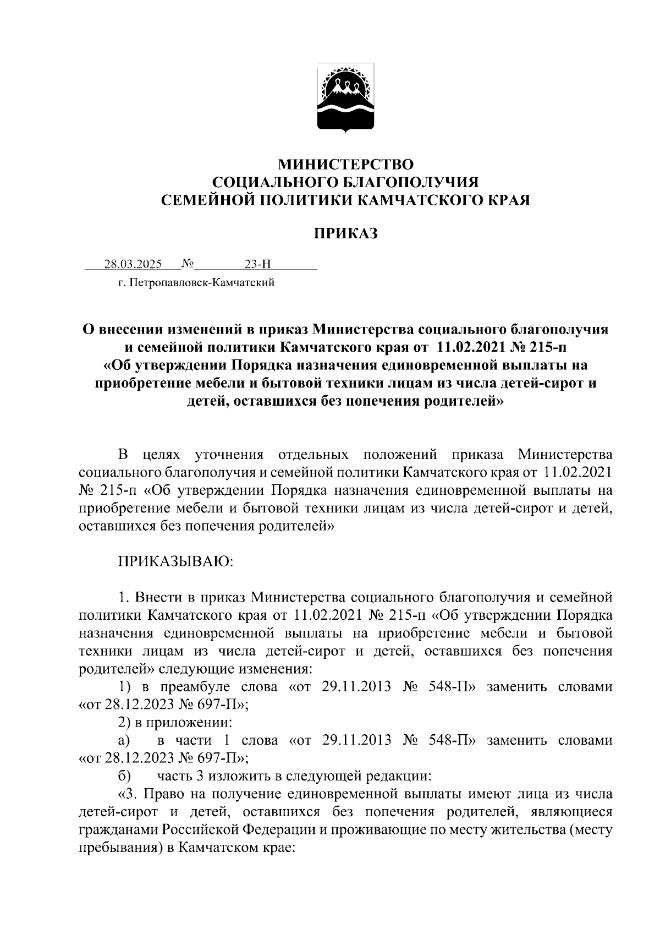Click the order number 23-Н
(x=258, y=264)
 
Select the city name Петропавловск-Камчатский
(x=200, y=283)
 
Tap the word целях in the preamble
(x=161, y=455)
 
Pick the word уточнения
(x=229, y=455)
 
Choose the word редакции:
(x=403, y=777)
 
